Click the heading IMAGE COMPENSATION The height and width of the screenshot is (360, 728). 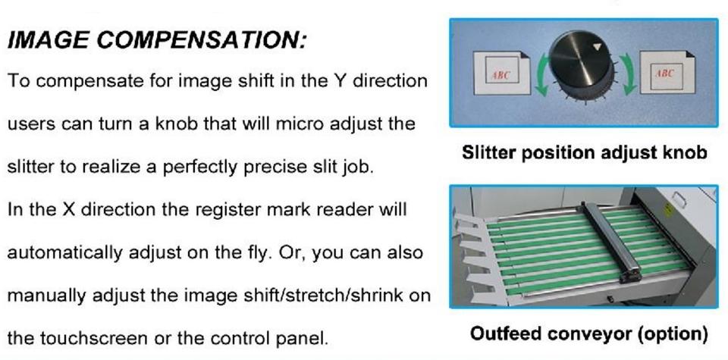(x=158, y=41)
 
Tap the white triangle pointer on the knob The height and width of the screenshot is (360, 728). (x=598, y=46)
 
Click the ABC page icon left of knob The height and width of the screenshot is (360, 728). (x=502, y=73)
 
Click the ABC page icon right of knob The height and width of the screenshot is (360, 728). (x=667, y=72)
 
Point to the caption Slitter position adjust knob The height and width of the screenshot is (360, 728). (x=585, y=152)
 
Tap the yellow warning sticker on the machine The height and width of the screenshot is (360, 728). (x=668, y=210)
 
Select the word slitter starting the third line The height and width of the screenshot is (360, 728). (x=33, y=167)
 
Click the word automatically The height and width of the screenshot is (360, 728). (x=65, y=253)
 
